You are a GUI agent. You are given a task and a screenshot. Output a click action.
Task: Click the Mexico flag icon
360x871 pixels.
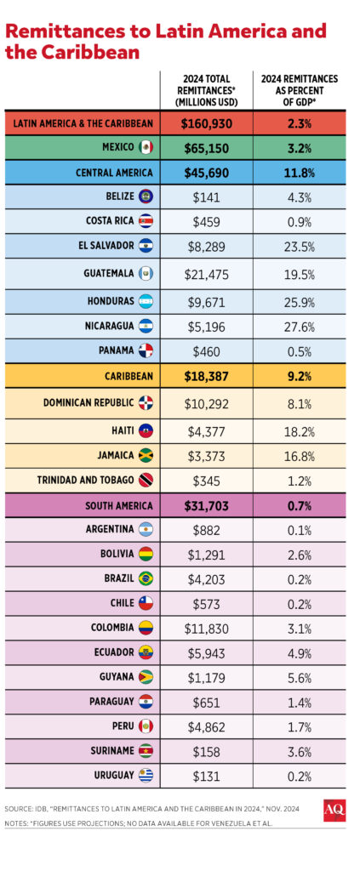[146, 148]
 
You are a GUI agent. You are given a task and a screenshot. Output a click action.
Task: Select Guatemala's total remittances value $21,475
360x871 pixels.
[206, 274]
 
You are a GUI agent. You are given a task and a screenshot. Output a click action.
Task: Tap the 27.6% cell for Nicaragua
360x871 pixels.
[299, 326]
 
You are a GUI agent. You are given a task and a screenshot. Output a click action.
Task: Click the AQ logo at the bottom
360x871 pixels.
[334, 811]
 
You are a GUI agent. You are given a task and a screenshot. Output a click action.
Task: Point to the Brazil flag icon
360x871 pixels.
[146, 578]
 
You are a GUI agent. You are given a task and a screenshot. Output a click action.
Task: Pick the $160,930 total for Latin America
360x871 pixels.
[206, 122]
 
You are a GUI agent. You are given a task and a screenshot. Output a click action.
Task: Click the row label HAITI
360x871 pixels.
[118, 430]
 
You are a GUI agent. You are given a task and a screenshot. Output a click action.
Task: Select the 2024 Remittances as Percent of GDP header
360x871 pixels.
[299, 90]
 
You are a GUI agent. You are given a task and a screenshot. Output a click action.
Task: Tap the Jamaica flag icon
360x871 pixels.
[146, 454]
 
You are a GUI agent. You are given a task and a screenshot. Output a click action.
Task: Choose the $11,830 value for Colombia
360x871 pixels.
[206, 628]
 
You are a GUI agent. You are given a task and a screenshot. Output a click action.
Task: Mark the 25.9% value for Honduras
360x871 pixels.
[299, 301]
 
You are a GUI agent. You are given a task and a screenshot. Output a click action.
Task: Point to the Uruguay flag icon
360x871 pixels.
[146, 776]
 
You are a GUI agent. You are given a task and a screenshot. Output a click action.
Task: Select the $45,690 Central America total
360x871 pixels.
[206, 173]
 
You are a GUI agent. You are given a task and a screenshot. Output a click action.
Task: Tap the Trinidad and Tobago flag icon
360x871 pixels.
[146, 479]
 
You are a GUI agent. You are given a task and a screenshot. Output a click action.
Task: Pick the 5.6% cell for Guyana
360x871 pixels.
[299, 677]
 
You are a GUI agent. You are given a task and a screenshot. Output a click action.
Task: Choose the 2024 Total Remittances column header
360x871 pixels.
[206, 90]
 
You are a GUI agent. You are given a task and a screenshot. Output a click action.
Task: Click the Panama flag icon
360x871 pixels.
[146, 350]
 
